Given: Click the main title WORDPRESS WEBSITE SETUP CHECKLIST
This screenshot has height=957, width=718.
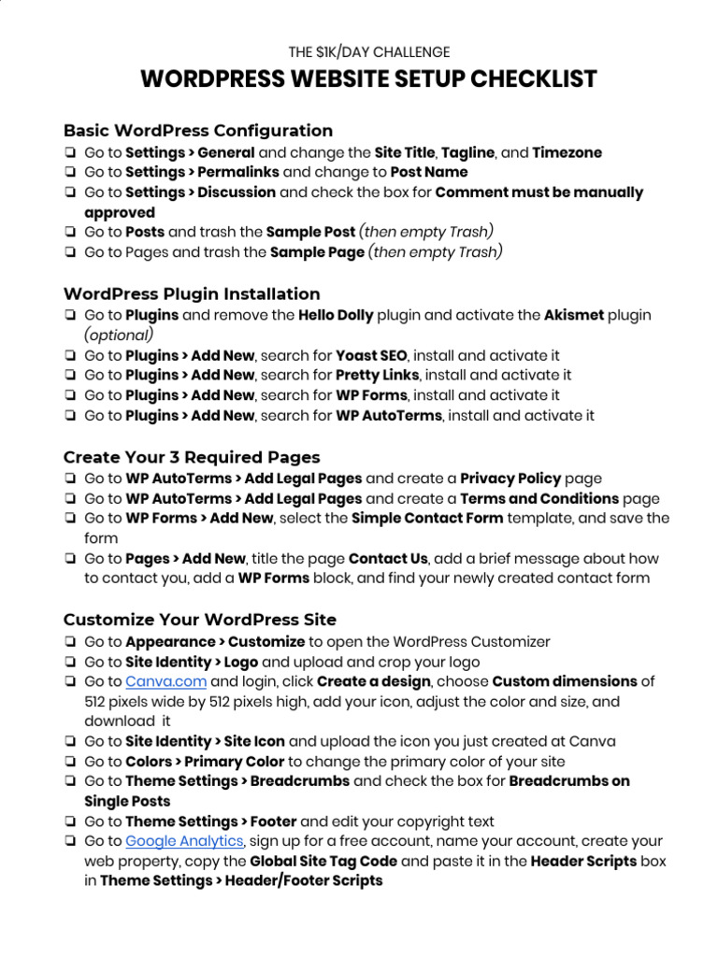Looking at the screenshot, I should (x=368, y=79).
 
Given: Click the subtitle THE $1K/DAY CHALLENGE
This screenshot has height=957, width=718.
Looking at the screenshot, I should (x=368, y=52).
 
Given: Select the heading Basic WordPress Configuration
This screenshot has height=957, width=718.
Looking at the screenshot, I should (x=198, y=131).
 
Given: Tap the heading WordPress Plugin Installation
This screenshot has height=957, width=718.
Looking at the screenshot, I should (x=192, y=293).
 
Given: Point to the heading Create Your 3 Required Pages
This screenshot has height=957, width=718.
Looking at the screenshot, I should (x=192, y=457).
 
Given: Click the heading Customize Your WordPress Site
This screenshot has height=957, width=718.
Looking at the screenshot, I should (x=200, y=620).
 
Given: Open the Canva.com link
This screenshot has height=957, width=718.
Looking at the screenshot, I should (x=165, y=681).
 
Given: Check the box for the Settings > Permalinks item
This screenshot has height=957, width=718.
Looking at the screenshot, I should (x=71, y=173).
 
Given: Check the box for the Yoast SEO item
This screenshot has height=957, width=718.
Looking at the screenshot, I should (x=71, y=356).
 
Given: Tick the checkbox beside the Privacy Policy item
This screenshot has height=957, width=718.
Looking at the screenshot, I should (x=71, y=478).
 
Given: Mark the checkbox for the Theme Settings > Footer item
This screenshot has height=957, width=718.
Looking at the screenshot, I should (x=71, y=821).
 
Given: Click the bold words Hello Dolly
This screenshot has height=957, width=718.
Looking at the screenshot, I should (x=336, y=316).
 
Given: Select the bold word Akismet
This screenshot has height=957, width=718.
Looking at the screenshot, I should (x=573, y=316).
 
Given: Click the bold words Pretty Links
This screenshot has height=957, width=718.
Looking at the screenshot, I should (x=374, y=376).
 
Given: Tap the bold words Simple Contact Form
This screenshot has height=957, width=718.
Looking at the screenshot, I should (x=427, y=519).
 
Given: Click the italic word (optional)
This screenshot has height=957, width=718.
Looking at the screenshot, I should (x=119, y=336).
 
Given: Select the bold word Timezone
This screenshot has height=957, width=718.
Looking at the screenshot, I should (x=567, y=153).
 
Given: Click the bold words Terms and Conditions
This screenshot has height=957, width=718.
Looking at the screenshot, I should (x=539, y=499).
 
